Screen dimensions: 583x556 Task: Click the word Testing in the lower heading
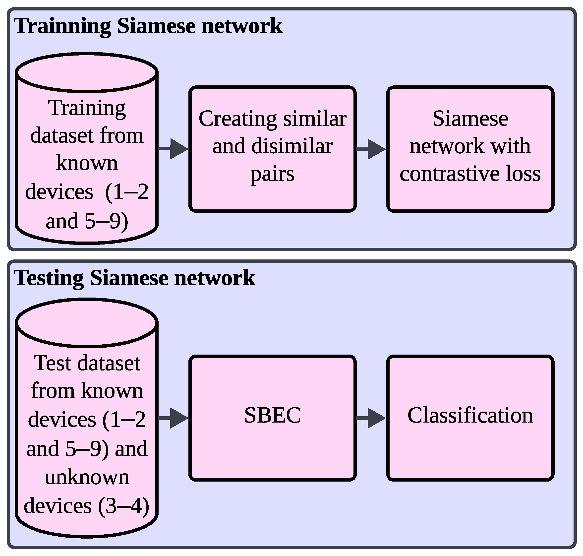(49, 279)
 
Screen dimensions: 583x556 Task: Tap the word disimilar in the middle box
(292, 147)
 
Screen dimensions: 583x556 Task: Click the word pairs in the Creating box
(272, 174)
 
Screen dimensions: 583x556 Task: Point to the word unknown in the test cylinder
(87, 478)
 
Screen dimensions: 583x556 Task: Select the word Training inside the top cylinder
(87, 108)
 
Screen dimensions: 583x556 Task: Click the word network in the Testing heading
(215, 279)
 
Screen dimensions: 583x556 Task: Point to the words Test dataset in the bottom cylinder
(87, 363)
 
